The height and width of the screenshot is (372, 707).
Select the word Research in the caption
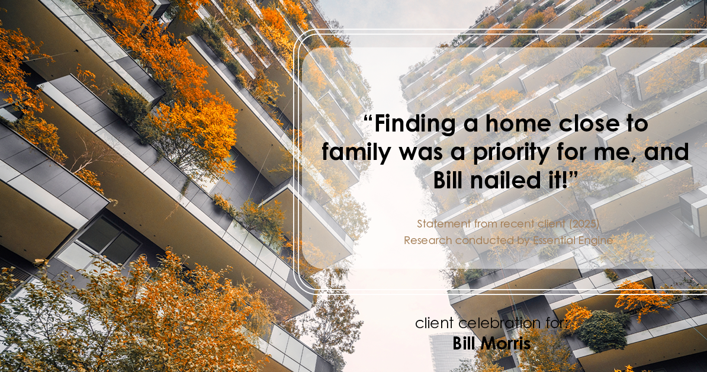428,240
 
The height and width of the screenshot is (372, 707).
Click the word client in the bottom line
436,324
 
